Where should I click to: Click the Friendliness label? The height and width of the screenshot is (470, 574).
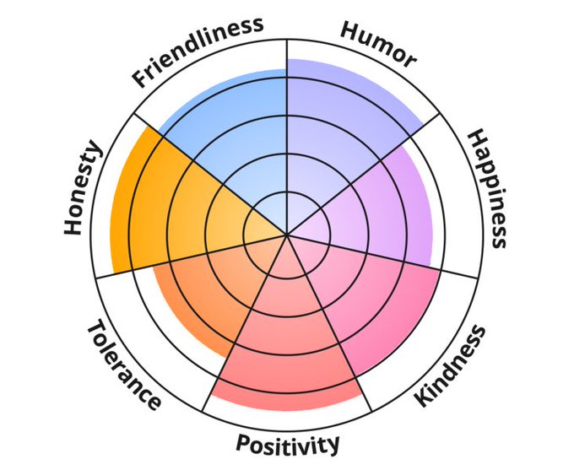click(198, 51)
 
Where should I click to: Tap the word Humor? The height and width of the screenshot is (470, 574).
click(378, 42)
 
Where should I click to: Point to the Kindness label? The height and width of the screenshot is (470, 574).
click(452, 365)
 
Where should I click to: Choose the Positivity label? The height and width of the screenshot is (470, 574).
click(288, 443)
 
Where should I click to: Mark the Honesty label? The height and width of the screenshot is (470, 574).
click(83, 189)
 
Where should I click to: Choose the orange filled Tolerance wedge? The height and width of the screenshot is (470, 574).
click(203, 295)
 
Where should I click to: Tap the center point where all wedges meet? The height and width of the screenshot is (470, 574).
click(287, 235)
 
